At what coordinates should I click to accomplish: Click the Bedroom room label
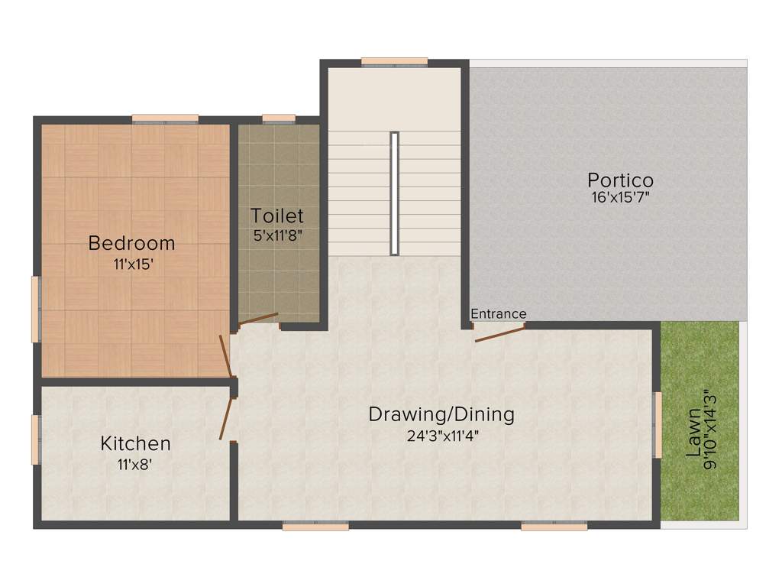(x=131, y=243)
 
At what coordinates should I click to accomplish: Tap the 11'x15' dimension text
(x=131, y=264)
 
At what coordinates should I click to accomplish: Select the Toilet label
(x=277, y=216)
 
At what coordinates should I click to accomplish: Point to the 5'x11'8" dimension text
(x=278, y=235)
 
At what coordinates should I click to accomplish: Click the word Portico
(x=620, y=180)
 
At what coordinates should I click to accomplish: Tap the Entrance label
(x=498, y=313)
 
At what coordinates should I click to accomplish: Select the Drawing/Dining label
(x=441, y=414)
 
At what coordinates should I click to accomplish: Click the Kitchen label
(x=135, y=443)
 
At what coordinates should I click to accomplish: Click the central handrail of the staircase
(x=394, y=193)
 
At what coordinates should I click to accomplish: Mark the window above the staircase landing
(x=394, y=63)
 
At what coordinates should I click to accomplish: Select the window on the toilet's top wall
(x=278, y=119)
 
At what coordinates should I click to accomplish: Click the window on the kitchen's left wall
(x=35, y=439)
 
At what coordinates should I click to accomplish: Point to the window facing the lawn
(x=656, y=424)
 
